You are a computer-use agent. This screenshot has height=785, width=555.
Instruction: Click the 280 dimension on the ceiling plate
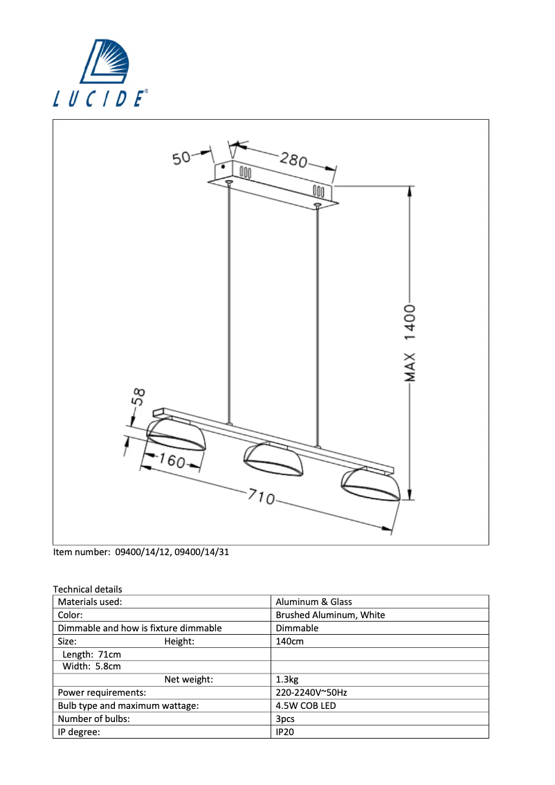point(293,159)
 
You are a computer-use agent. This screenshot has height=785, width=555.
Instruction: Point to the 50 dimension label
point(181,159)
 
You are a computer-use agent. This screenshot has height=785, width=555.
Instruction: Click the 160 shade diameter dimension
point(169,460)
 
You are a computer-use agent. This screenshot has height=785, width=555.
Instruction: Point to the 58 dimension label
point(138,397)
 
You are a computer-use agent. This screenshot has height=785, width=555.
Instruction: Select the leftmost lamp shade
point(176,435)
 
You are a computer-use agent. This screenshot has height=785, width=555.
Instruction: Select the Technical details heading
point(87,589)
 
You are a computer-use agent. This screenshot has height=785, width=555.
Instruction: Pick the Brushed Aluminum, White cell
point(330,615)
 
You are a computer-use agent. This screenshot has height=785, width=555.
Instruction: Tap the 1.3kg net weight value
point(287,680)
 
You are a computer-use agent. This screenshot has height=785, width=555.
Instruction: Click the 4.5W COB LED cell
point(306,706)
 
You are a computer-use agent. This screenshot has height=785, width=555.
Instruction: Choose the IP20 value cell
point(285,732)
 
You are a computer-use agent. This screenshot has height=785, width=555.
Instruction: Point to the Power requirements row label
point(102,693)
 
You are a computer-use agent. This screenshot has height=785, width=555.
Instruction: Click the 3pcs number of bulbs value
point(285,719)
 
